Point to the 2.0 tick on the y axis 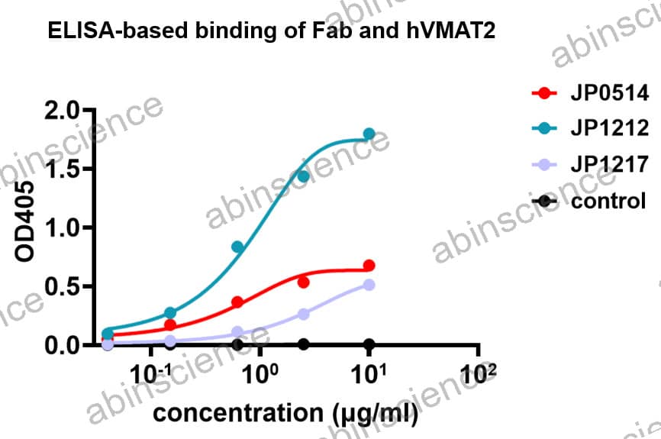[x=63, y=111]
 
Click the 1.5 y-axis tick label [x=63, y=169]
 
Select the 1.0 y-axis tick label [x=63, y=228]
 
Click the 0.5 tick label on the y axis [x=63, y=287]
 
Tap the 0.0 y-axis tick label [x=63, y=346]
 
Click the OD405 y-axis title [x=26, y=228]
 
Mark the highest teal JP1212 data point [x=369, y=134]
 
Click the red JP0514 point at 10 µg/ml [x=369, y=266]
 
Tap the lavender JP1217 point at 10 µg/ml [x=369, y=285]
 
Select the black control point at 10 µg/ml [x=369, y=344]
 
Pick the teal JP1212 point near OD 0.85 [x=237, y=247]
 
